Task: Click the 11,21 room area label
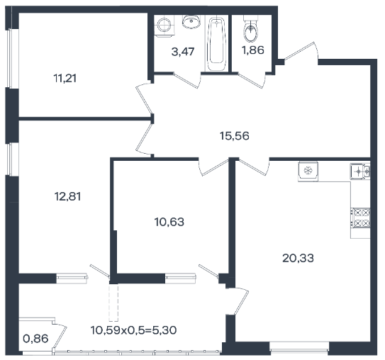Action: click(x=65, y=79)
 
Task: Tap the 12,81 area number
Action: click(x=67, y=196)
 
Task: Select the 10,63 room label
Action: click(x=169, y=222)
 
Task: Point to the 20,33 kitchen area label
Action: click(x=298, y=258)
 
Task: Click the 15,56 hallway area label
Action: click(x=235, y=135)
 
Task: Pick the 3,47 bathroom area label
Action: click(x=183, y=52)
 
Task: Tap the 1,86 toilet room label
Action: click(x=253, y=50)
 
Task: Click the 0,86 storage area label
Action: click(x=35, y=339)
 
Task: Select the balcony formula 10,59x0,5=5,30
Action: click(x=133, y=330)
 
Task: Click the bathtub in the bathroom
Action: click(x=216, y=44)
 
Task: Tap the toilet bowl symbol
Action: click(x=251, y=30)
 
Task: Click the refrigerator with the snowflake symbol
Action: click(x=308, y=171)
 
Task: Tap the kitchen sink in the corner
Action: click(x=360, y=171)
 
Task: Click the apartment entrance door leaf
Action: click(x=299, y=51)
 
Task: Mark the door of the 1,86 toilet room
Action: click(x=251, y=80)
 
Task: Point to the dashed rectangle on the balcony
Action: click(x=113, y=303)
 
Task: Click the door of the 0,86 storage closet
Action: click(x=60, y=337)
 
